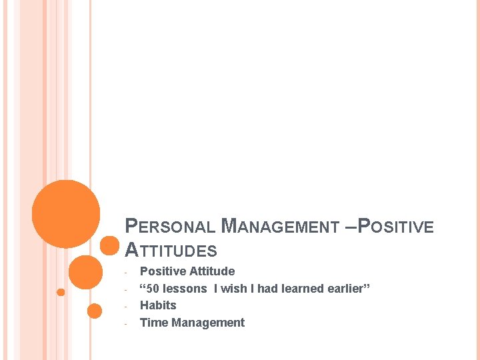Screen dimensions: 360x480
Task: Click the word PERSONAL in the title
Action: point(171,227)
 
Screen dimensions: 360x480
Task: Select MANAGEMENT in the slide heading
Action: point(280,227)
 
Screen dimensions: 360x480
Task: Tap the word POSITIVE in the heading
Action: point(396,227)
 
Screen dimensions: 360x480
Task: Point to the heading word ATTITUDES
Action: point(171,251)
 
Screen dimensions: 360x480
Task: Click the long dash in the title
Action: point(351,227)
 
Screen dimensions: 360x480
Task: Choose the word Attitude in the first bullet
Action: point(212,271)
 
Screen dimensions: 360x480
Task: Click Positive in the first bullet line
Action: point(163,271)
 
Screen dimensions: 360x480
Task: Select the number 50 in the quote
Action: point(154,289)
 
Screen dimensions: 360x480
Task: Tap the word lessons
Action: point(185,289)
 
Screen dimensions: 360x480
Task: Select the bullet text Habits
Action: point(158,305)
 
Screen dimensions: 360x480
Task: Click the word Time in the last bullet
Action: point(153,323)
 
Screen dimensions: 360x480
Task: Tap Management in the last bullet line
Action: point(208,323)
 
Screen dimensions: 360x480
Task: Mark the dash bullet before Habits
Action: point(126,307)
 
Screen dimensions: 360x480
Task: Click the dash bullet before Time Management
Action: point(126,324)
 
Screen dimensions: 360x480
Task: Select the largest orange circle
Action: point(66,213)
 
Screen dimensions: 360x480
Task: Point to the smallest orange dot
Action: point(61,292)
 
